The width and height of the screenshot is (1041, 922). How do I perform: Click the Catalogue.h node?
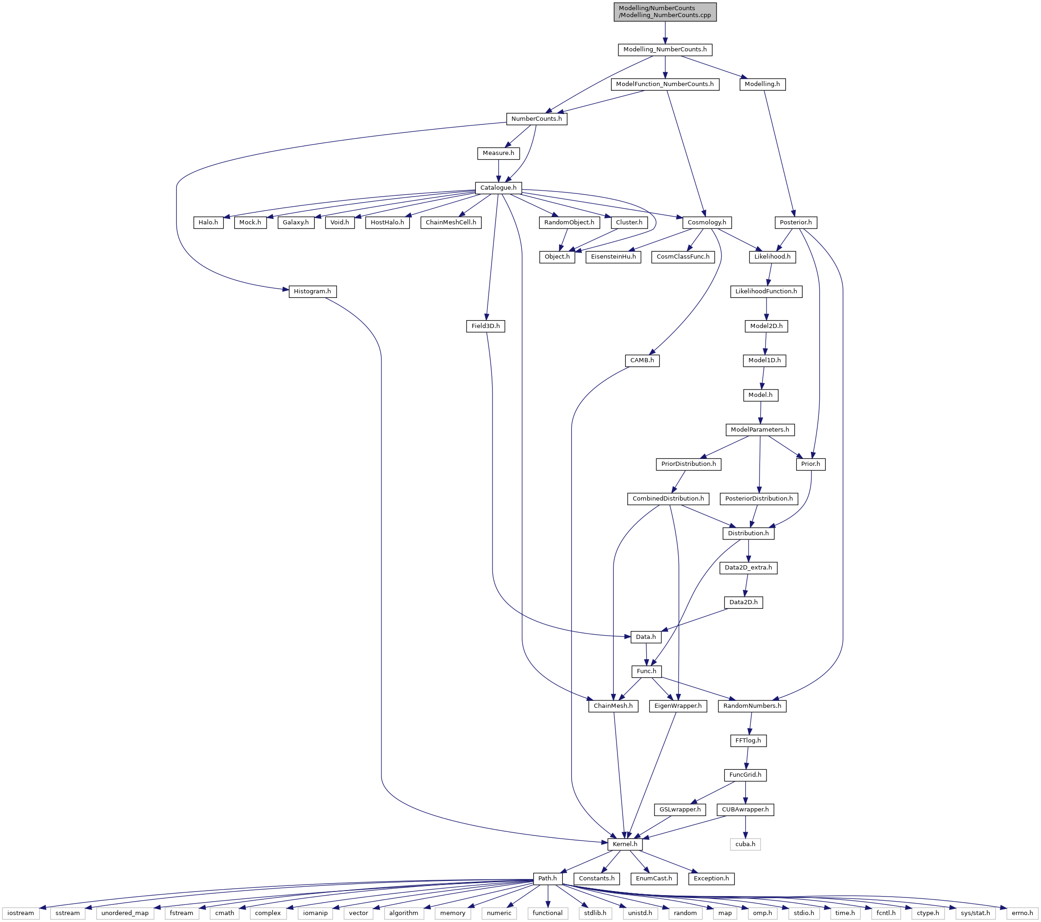pyautogui.click(x=498, y=188)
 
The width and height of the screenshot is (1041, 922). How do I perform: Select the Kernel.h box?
pyautogui.click(x=625, y=844)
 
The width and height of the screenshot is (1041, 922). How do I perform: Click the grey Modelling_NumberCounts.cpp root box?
pyautogui.click(x=665, y=12)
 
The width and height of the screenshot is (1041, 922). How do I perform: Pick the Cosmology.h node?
pyautogui.click(x=707, y=223)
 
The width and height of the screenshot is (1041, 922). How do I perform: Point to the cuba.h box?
pyautogui.click(x=746, y=844)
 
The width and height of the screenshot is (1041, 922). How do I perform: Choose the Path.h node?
pyautogui.click(x=548, y=878)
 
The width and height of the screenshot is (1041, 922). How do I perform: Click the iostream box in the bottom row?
pyautogui.click(x=20, y=913)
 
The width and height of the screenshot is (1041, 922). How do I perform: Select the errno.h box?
pyautogui.click(x=1022, y=913)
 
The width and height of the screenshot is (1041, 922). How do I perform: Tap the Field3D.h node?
pyautogui.click(x=486, y=326)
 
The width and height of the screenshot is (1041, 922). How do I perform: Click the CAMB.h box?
pyautogui.click(x=642, y=360)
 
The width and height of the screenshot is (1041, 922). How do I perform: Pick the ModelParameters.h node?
pyautogui.click(x=760, y=430)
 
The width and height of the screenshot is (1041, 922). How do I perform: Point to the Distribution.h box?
pyautogui.click(x=748, y=533)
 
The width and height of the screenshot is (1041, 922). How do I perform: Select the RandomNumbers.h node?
pyautogui.click(x=752, y=705)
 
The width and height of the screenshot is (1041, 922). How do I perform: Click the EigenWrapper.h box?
pyautogui.click(x=678, y=705)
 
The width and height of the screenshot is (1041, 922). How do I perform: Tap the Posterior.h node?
pyautogui.click(x=796, y=223)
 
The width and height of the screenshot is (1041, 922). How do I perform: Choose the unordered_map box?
pyautogui.click(x=125, y=913)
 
